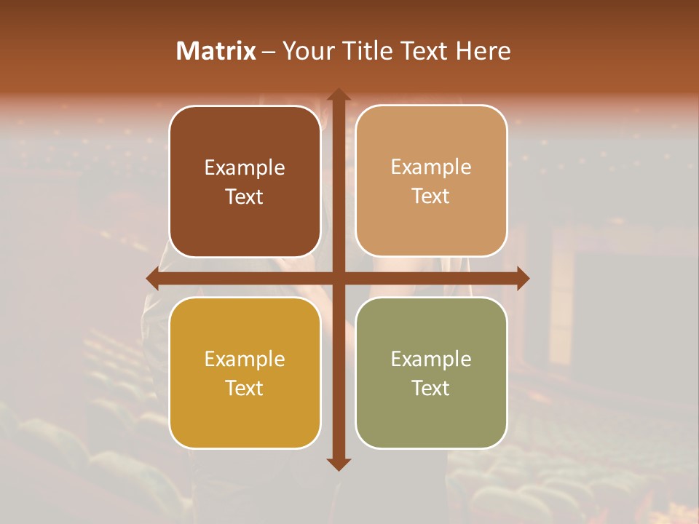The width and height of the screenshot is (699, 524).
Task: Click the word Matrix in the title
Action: pyautogui.click(x=216, y=51)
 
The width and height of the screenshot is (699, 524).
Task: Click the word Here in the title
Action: pyautogui.click(x=483, y=51)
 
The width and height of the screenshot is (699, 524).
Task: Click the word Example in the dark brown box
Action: pyautogui.click(x=245, y=168)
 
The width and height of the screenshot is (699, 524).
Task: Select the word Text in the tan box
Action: pyautogui.click(x=431, y=196)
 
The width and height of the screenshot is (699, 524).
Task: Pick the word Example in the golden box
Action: pyautogui.click(x=245, y=359)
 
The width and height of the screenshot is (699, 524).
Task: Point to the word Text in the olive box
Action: pyautogui.click(x=431, y=388)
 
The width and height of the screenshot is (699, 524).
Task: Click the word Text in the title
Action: pyautogui.click(x=425, y=51)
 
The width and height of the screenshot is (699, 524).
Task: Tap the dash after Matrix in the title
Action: pyautogui.click(x=269, y=52)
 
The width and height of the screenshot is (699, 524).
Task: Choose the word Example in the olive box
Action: pyautogui.click(x=431, y=359)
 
